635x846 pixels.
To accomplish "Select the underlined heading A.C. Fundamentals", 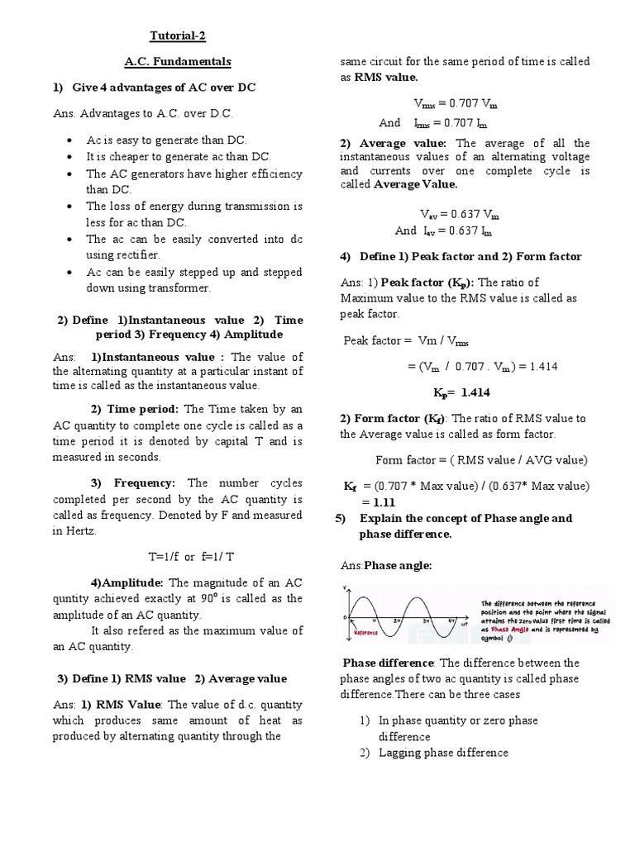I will [178, 62].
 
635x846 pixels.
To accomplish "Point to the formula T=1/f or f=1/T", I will [178, 555].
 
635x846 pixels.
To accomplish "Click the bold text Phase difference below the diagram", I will [388, 663].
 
